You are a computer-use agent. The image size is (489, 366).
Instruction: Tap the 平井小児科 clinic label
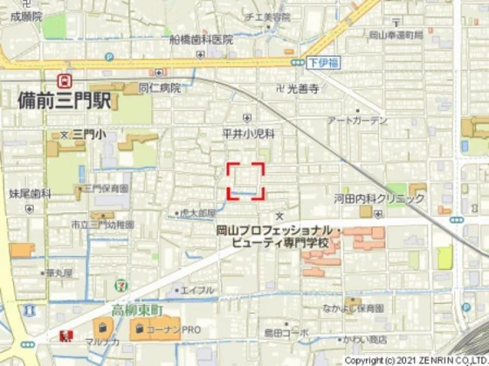(x=248, y=133)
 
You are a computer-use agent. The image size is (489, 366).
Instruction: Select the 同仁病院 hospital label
(x=160, y=88)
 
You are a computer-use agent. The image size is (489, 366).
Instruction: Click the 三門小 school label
(x=89, y=134)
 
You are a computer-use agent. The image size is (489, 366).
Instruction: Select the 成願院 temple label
(x=21, y=16)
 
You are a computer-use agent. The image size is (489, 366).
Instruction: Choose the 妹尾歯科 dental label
(x=30, y=194)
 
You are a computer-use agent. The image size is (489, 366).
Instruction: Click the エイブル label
(x=197, y=290)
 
